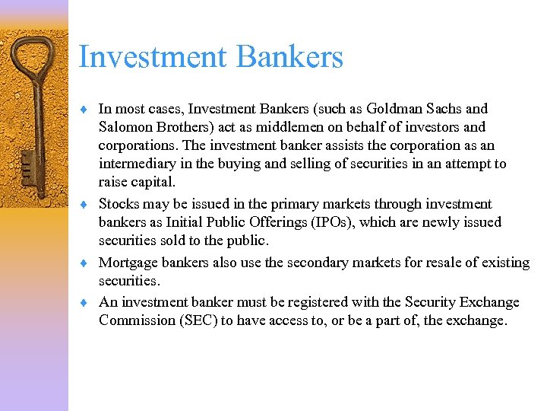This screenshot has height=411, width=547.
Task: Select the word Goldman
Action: pyautogui.click(x=387, y=109)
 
